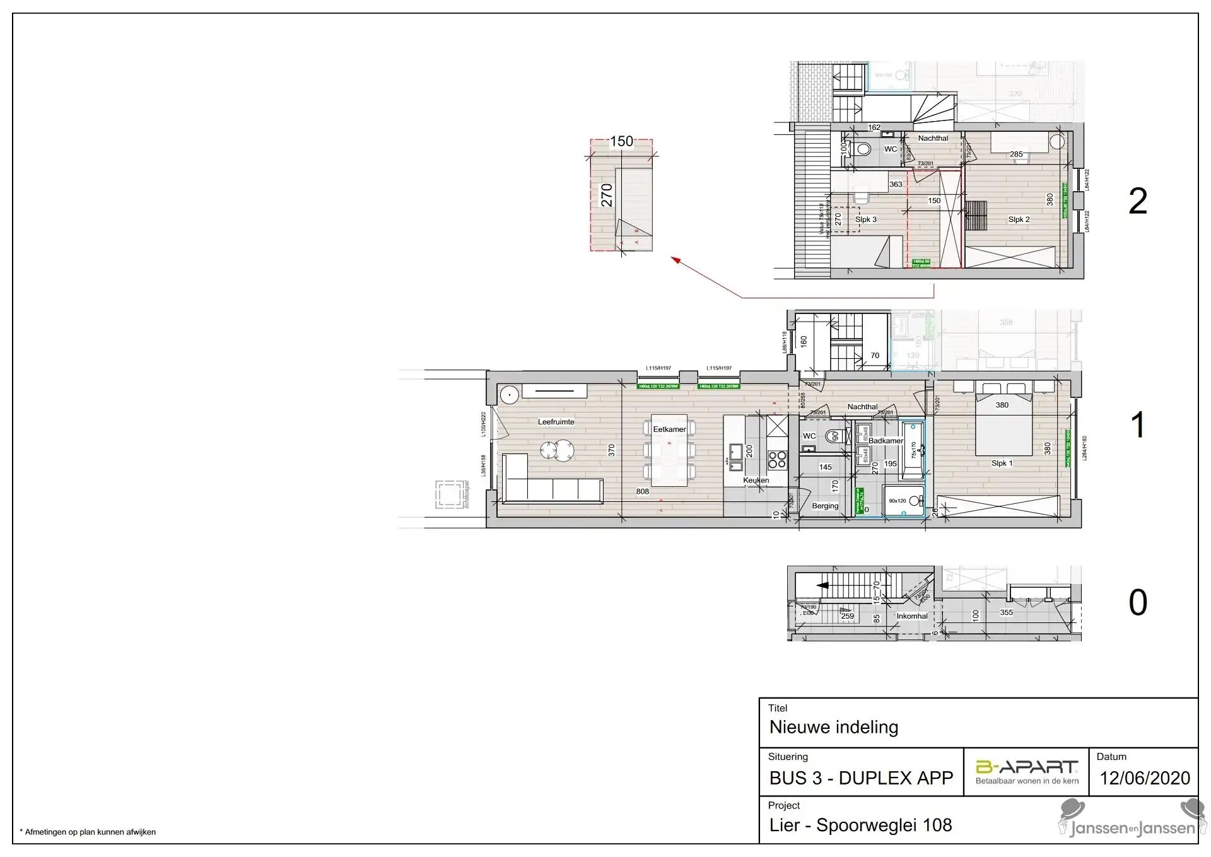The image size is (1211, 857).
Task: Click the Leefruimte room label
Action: (x=556, y=422)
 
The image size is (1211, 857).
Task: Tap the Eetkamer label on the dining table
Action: (x=669, y=429)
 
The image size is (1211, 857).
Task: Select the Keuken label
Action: (x=756, y=481)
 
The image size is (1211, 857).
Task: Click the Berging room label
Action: (x=825, y=506)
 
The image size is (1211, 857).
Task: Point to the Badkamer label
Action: (x=886, y=441)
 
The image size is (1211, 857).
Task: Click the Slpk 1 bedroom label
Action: (x=1002, y=463)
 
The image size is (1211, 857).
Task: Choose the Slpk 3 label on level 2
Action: (x=865, y=219)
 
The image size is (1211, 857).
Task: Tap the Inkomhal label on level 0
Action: (x=912, y=616)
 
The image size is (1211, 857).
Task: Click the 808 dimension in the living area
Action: (x=642, y=492)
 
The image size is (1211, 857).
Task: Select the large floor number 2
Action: (x=1137, y=202)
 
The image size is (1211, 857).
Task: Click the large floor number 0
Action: (x=1137, y=603)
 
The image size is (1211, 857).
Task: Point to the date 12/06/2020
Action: (x=1145, y=778)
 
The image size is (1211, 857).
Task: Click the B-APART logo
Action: (x=1026, y=767)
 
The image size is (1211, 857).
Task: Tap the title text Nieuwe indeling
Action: (x=833, y=727)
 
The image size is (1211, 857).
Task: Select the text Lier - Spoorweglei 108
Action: (x=860, y=825)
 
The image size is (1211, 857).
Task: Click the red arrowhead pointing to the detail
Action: (x=676, y=259)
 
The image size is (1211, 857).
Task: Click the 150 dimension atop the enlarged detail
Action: (x=621, y=141)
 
